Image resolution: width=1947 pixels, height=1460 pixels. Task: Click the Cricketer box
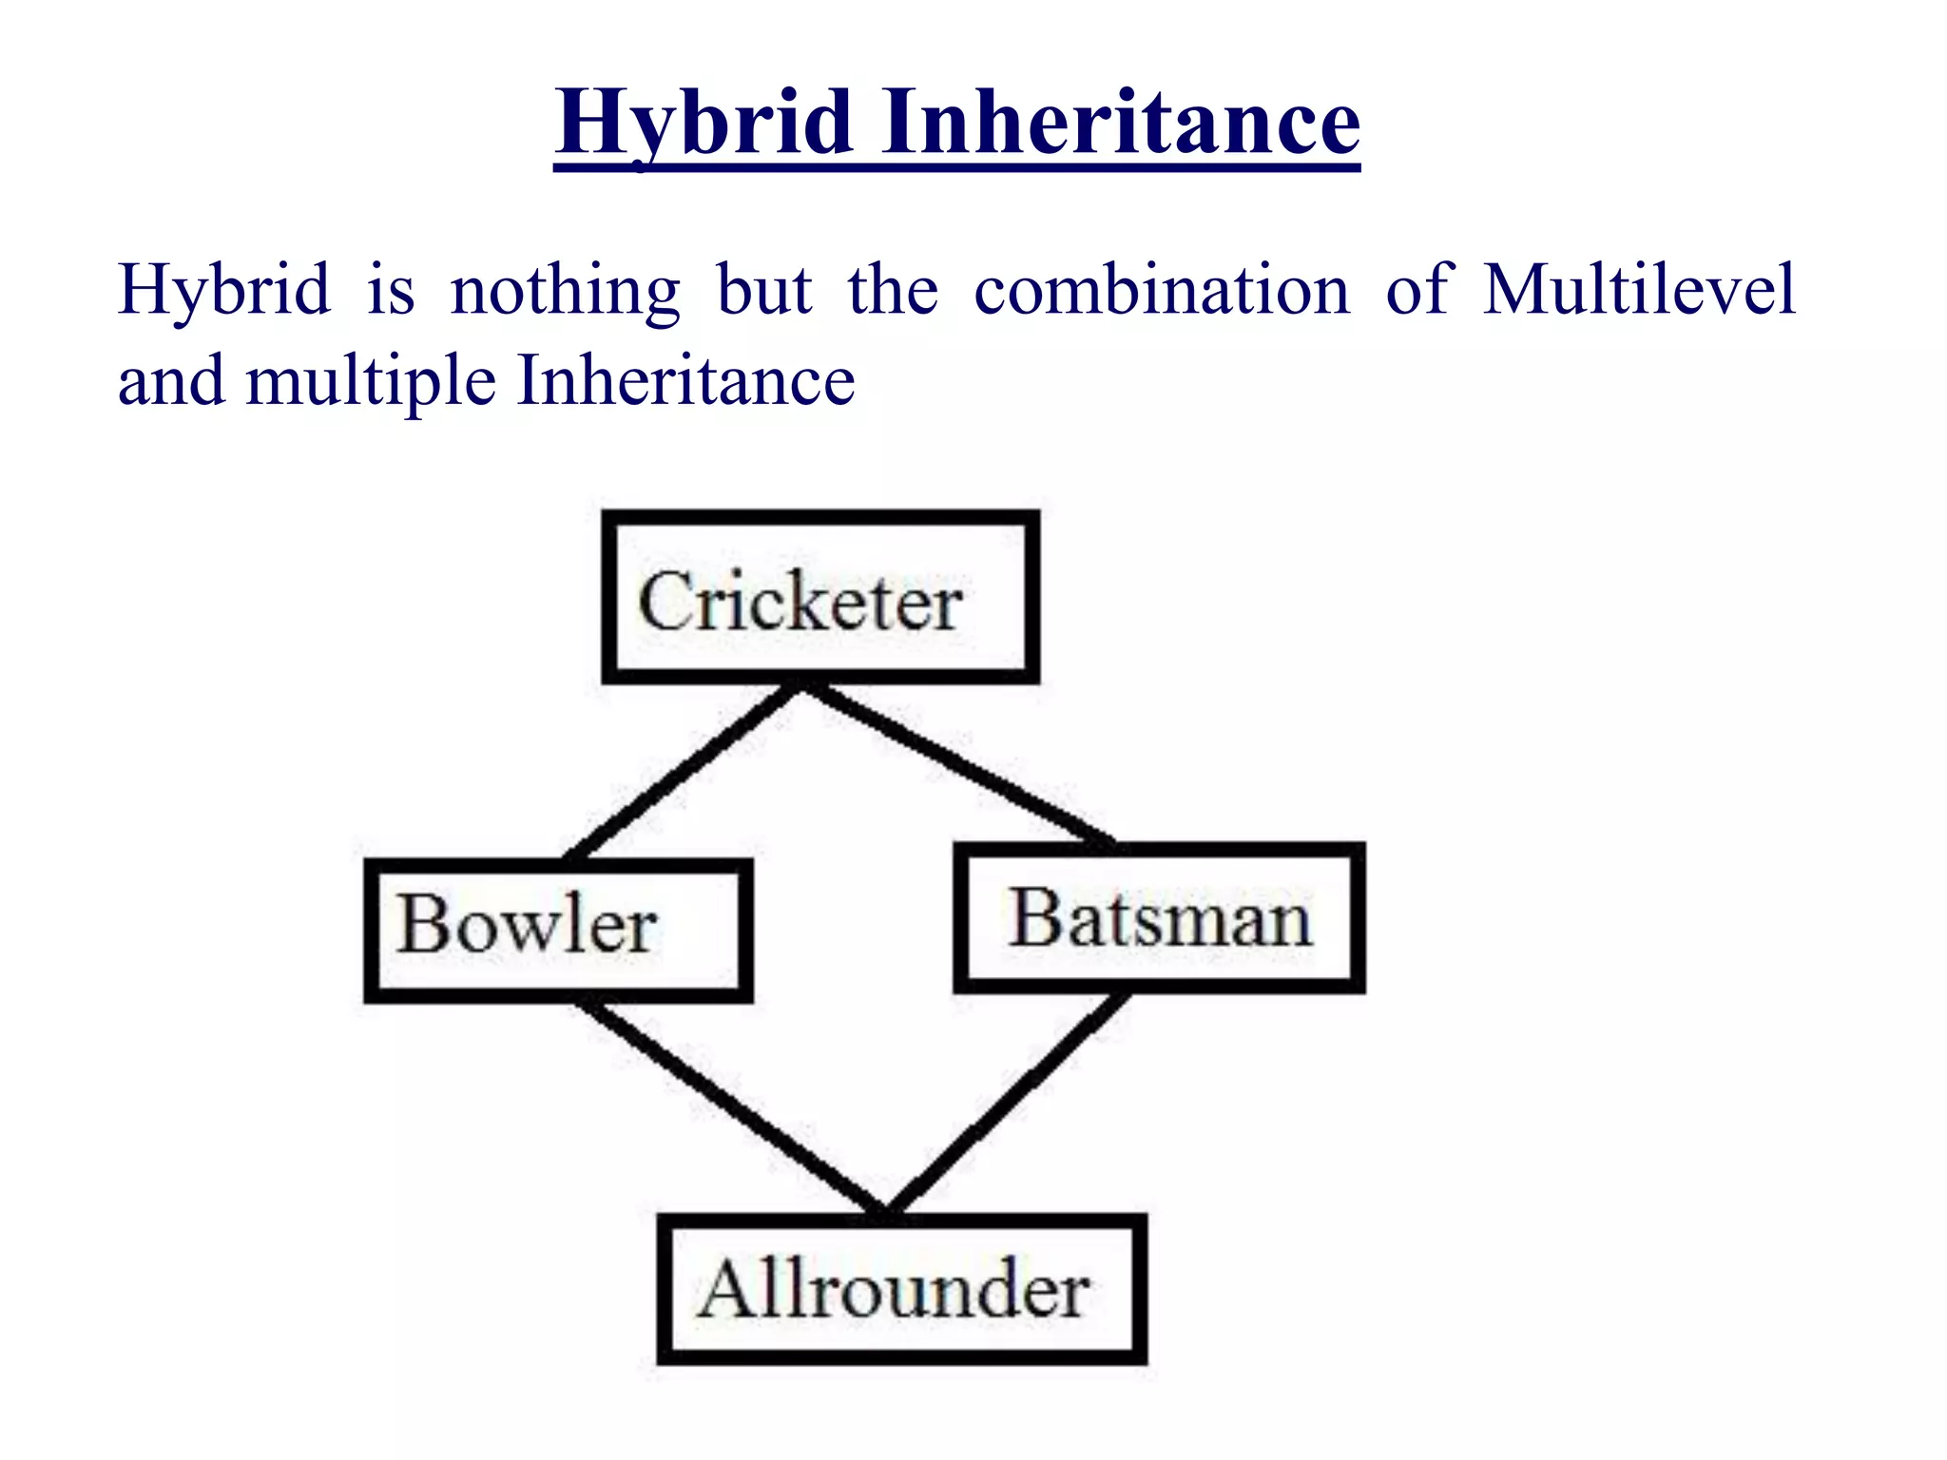(819, 597)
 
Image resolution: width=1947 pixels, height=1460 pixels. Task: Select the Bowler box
(558, 931)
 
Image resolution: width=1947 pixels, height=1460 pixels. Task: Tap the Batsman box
(1159, 918)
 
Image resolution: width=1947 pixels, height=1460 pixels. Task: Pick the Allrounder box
(901, 1289)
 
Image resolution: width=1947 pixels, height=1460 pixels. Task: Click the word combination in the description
(1162, 289)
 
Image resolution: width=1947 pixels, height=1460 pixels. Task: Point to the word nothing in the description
(565, 291)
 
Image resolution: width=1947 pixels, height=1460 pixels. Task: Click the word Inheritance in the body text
(685, 380)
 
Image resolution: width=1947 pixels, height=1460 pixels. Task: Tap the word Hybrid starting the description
(224, 289)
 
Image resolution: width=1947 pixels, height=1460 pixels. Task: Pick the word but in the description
(764, 289)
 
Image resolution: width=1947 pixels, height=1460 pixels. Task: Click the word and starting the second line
(171, 380)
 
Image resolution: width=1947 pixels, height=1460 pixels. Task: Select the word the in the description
(893, 289)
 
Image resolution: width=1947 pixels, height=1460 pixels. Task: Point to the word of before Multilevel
(1417, 289)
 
